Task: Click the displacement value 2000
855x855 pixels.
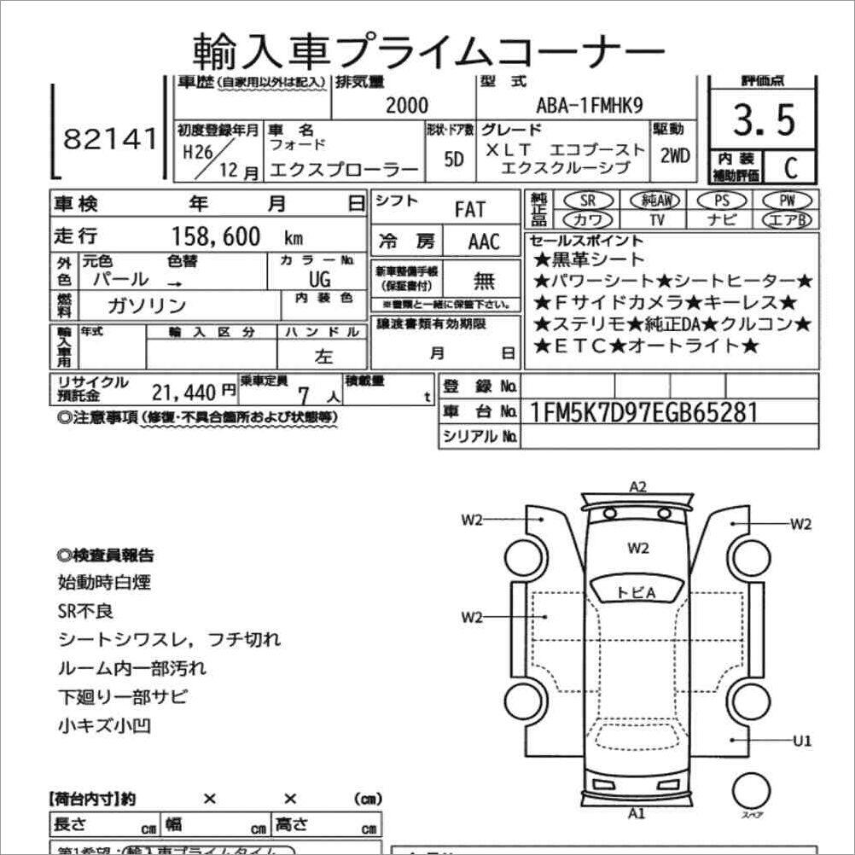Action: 407,106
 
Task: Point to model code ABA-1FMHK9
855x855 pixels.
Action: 590,106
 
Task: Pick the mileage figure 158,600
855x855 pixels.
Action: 217,236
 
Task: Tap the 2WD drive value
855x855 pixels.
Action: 675,156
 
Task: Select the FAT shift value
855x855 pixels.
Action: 468,209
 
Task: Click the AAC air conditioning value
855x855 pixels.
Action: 484,241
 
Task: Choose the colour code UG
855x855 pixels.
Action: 320,280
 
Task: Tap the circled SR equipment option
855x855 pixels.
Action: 587,201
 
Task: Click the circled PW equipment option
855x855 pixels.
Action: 788,201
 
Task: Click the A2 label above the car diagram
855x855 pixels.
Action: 637,487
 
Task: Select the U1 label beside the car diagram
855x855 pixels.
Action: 801,740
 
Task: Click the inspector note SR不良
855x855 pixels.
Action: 85,612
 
